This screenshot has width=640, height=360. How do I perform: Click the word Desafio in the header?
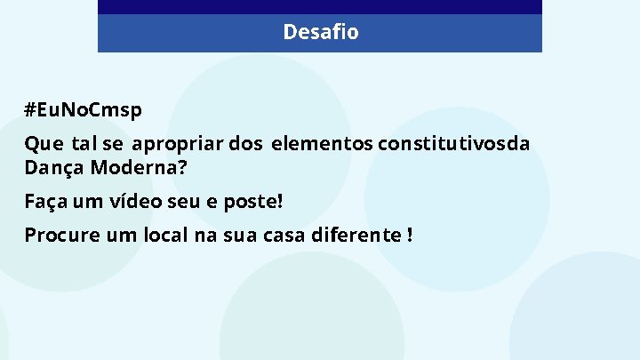point(320,33)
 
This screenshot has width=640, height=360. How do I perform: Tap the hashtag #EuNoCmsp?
point(83,110)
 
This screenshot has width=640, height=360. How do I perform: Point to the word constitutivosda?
point(453,144)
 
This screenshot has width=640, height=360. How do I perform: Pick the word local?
point(160,236)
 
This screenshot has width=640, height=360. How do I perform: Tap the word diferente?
point(356,236)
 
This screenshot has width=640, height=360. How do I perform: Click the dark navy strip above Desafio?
point(320,6)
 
